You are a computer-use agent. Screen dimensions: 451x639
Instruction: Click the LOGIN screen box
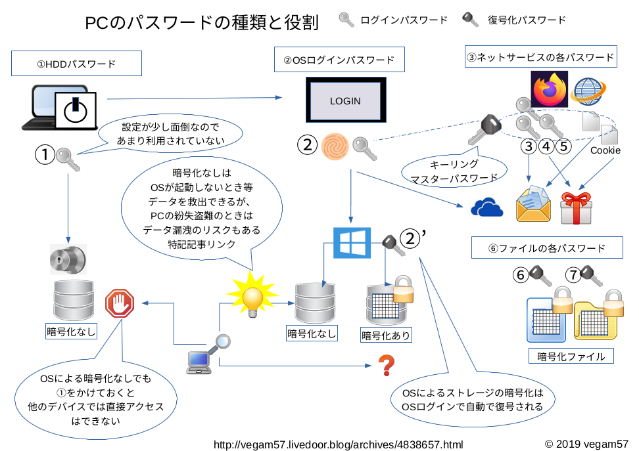click(345, 100)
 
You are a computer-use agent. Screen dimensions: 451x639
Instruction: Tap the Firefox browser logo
click(549, 89)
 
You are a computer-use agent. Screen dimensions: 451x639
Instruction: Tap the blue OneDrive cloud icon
click(487, 207)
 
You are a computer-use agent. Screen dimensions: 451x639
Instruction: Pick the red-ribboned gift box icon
click(576, 207)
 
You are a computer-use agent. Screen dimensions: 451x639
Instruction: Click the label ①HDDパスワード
click(76, 64)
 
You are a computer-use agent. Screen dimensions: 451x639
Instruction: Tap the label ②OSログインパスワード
click(339, 60)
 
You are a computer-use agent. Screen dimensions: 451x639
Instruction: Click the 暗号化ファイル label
click(571, 356)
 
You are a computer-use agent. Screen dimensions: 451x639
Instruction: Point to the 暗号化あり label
click(386, 335)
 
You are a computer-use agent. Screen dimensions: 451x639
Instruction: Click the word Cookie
click(605, 150)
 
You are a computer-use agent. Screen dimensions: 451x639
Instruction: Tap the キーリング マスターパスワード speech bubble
click(454, 171)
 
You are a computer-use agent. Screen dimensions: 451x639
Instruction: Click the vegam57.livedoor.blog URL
click(339, 444)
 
